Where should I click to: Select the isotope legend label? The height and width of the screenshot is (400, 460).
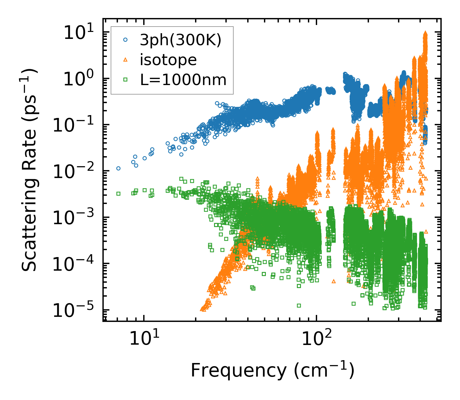168,60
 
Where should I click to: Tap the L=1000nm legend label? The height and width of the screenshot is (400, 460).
183,80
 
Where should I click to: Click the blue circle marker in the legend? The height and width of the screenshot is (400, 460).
126,40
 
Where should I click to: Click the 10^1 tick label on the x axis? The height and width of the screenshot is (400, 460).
144,339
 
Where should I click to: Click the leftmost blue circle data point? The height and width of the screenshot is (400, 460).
118,168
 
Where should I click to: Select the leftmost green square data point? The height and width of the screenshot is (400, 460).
118,194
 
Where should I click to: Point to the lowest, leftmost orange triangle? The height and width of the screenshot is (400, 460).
203,309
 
